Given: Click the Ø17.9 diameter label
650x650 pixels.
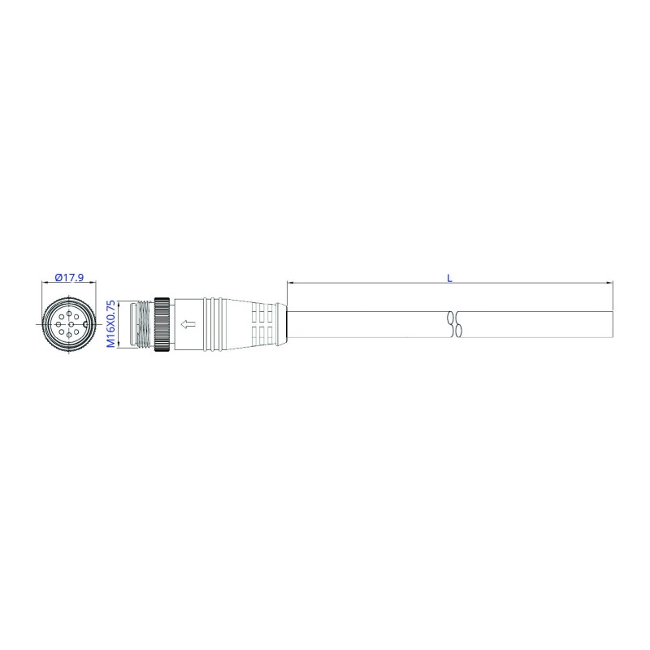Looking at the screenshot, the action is (x=69, y=277).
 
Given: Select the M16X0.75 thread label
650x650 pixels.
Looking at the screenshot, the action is (x=111, y=323).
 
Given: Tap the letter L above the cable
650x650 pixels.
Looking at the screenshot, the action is (x=449, y=278).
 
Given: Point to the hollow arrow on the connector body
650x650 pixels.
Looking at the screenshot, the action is (x=188, y=324).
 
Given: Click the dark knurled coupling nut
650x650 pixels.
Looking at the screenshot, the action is (x=162, y=324).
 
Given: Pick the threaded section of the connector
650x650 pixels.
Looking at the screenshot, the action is (x=144, y=324).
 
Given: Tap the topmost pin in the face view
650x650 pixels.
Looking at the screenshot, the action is (x=69, y=314).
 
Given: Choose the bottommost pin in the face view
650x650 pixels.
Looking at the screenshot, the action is (x=69, y=335).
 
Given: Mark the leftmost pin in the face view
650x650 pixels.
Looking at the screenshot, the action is (x=58, y=324).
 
